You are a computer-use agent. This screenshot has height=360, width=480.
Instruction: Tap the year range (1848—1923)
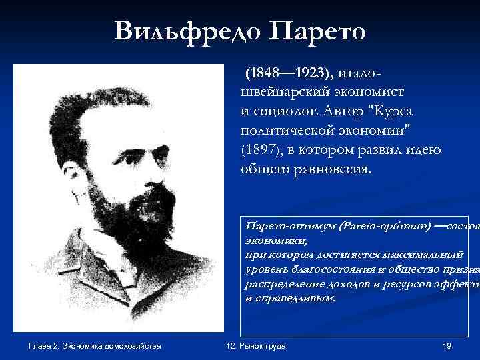pos(289,71)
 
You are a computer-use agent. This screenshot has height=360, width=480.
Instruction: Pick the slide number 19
pos(447,345)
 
